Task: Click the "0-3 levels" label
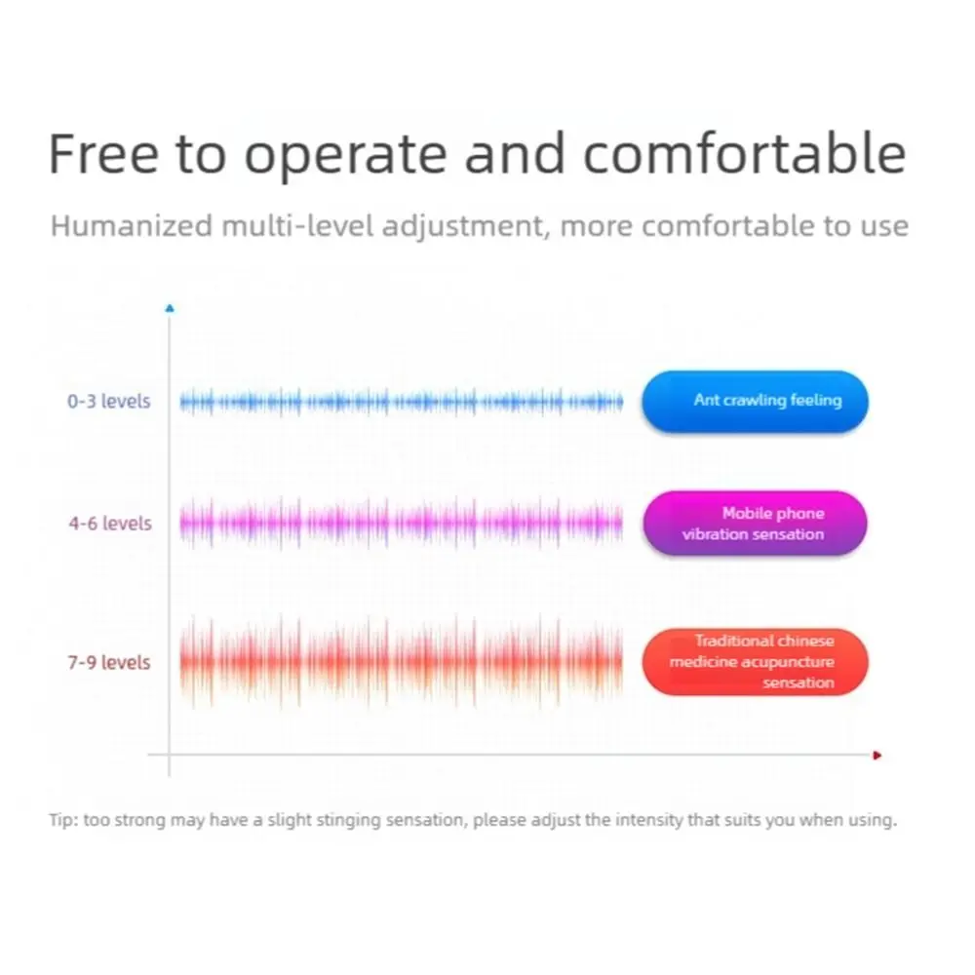coord(109,401)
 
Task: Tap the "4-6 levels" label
coord(110,524)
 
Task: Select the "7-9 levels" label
coord(109,662)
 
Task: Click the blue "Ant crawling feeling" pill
coord(755,401)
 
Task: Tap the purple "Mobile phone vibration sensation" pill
coord(755,523)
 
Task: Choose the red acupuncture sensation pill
coord(755,662)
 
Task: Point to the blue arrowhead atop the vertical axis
coord(170,308)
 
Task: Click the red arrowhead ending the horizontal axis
coord(877,756)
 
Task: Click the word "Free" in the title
coord(104,153)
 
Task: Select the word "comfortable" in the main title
coord(744,153)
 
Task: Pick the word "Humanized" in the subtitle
coord(132,225)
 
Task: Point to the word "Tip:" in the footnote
coord(63,820)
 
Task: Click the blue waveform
coord(401,403)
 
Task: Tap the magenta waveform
coord(401,523)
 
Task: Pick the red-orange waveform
coord(401,662)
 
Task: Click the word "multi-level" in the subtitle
coord(297,225)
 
